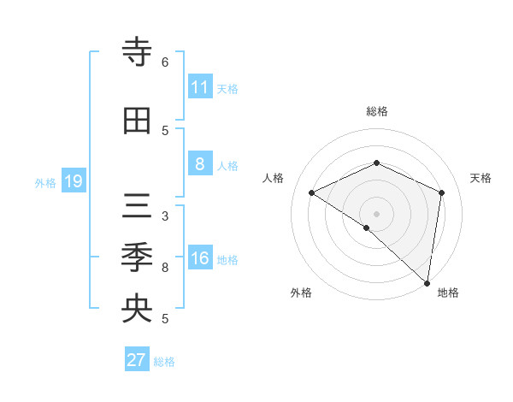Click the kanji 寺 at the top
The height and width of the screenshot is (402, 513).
click(138, 53)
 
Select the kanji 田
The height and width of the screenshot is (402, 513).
click(138, 121)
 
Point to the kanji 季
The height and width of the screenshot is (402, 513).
click(138, 257)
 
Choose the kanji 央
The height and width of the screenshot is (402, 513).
click(138, 309)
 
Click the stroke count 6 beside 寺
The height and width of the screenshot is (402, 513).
click(165, 62)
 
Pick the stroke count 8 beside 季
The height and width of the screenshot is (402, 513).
click(165, 268)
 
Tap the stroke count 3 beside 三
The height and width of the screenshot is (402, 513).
click(165, 216)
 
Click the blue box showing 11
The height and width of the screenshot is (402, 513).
click(199, 86)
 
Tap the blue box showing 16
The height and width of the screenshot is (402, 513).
click(199, 258)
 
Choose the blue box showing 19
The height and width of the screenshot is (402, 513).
click(74, 181)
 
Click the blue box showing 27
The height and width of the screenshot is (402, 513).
click(137, 360)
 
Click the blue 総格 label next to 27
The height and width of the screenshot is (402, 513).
click(164, 362)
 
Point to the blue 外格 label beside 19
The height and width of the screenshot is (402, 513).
click(45, 182)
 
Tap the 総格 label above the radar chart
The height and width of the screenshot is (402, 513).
click(377, 111)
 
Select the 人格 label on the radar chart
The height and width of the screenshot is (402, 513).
click(274, 178)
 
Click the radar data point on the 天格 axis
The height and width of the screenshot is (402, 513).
click(442, 192)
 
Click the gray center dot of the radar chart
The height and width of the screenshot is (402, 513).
click(376, 213)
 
